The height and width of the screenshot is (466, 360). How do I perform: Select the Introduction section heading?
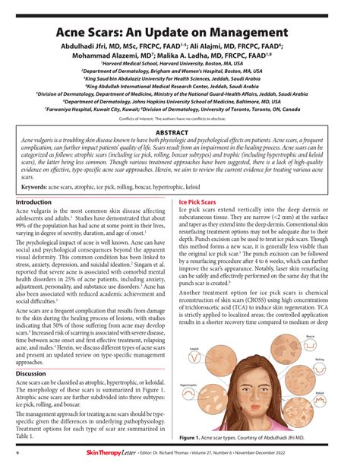tap(34, 203)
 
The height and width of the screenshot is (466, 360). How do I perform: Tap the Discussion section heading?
tap(32, 373)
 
